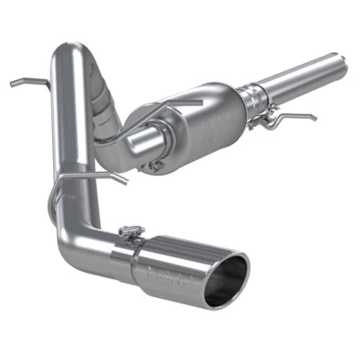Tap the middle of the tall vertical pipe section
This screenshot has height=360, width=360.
coord(67,135)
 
